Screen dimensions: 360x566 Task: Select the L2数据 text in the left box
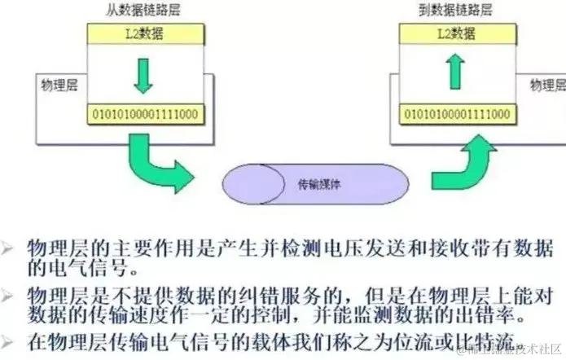[x=144, y=33]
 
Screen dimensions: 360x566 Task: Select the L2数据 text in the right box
[x=457, y=33]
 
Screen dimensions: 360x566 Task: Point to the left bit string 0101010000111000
[x=145, y=113]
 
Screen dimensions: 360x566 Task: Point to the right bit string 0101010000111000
[x=458, y=113]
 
